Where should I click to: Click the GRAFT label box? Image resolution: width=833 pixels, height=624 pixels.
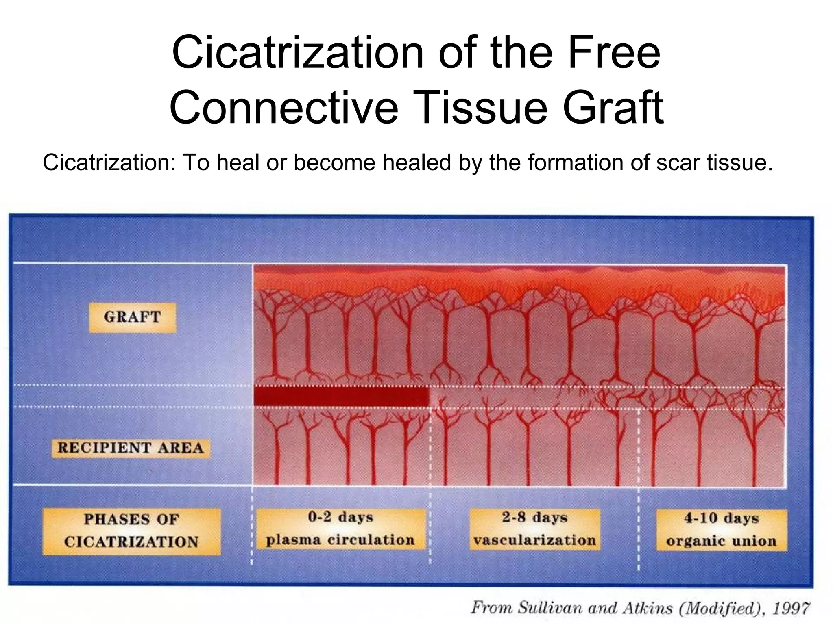133,317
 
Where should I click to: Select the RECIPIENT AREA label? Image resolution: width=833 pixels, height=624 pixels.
131,448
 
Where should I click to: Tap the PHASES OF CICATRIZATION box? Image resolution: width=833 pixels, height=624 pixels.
131,531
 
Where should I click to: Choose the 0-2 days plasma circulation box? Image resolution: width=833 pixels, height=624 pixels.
340,529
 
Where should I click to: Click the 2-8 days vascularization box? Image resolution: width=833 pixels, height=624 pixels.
534,529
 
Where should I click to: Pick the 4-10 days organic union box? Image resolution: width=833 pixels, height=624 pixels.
721,530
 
